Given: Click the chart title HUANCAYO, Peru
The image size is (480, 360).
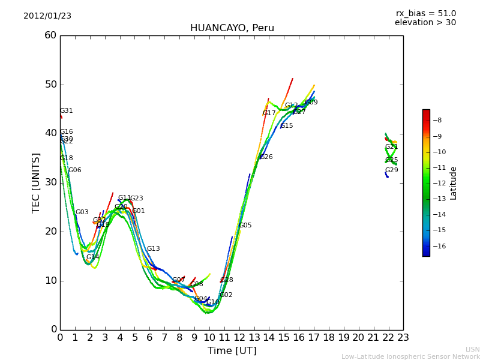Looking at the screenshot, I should pyautogui.click(x=232, y=28).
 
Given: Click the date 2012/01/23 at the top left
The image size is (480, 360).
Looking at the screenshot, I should pyautogui.click(x=47, y=16).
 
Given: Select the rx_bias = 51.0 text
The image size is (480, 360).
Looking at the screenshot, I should pyautogui.click(x=425, y=14).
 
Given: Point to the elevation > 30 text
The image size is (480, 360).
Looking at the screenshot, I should pyautogui.click(x=425, y=23).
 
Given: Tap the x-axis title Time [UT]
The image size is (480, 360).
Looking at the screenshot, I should pyautogui.click(x=232, y=351).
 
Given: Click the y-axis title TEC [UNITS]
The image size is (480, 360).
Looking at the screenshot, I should pyautogui.click(x=36, y=182).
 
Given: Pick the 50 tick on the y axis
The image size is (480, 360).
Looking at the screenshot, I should pyautogui.click(x=50, y=85).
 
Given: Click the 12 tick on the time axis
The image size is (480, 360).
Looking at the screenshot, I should pyautogui.click(x=239, y=337).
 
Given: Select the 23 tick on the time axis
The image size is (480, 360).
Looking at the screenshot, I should pyautogui.click(x=403, y=337).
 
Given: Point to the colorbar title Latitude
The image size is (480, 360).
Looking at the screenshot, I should pyautogui.click(x=454, y=183).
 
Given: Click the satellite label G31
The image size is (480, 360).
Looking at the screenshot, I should pyautogui.click(x=67, y=111).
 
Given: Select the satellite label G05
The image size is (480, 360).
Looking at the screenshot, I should pyautogui.click(x=245, y=226).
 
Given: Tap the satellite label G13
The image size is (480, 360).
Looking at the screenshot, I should pyautogui.click(x=154, y=249).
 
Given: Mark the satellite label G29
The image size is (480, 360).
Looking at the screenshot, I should pyautogui.click(x=392, y=170).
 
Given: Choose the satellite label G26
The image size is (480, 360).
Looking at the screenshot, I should pyautogui.click(x=266, y=157).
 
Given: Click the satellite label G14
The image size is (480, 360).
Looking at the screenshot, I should pyautogui.click(x=93, y=257).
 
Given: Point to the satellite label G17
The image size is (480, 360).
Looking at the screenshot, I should pyautogui.click(x=269, y=113).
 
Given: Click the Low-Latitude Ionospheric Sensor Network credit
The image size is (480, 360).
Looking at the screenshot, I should pyautogui.click(x=410, y=357).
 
